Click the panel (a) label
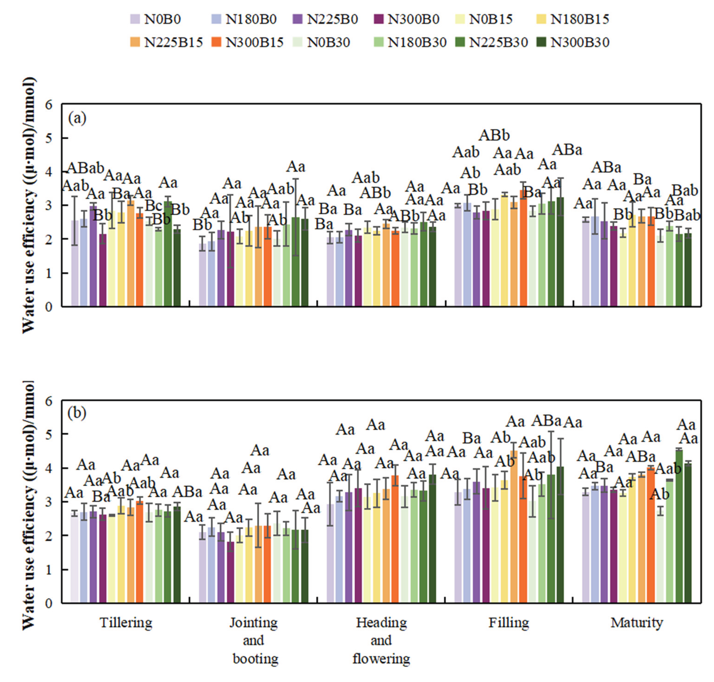[77, 118]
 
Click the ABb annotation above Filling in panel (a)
[494, 135]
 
